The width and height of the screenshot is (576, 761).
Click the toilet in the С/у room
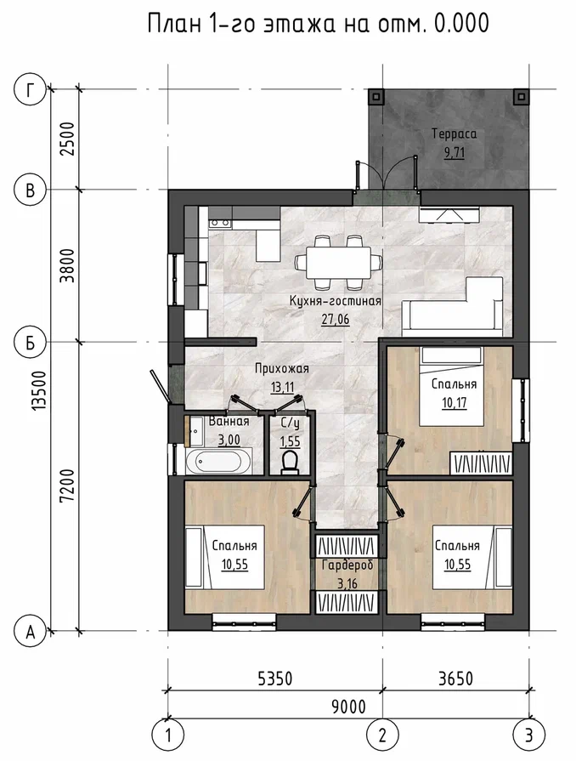pos(290,462)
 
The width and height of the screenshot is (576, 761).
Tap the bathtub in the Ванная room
pos(218,461)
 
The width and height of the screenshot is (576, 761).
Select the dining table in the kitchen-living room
pos(340,262)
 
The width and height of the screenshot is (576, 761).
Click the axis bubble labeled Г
pos(31,90)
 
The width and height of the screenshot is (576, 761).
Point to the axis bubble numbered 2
pos(382,735)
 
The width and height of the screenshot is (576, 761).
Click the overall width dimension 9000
pos(348,707)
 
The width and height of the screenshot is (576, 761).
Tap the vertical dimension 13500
pos(40,392)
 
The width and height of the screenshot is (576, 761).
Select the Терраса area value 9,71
pos(455,153)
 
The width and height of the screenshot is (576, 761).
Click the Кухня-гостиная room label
pos(336,301)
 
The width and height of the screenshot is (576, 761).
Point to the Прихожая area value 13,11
pos(282,386)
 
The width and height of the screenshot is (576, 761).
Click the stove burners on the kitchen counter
pos(220,224)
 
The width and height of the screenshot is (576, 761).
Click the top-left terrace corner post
pos(376,96)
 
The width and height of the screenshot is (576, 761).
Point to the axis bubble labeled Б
pos(31,343)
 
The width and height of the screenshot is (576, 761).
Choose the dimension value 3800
pos(68,266)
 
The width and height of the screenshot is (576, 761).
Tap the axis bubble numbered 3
pos(529,735)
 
